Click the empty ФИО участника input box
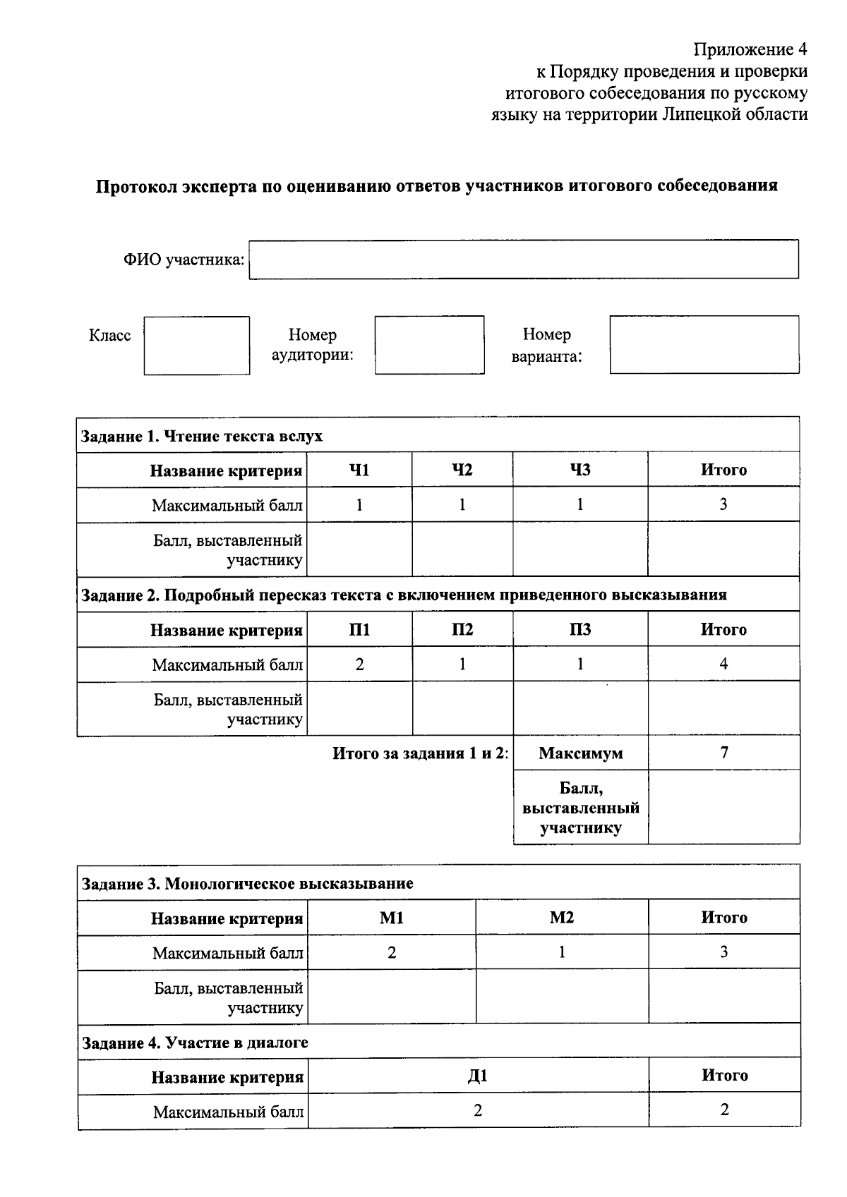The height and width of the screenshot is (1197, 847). pyautogui.click(x=524, y=260)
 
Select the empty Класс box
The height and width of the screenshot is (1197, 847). pyautogui.click(x=197, y=346)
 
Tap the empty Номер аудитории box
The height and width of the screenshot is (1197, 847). pyautogui.click(x=429, y=345)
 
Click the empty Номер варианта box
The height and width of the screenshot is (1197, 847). pyautogui.click(x=704, y=345)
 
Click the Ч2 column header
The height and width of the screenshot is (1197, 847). pyautogui.click(x=462, y=470)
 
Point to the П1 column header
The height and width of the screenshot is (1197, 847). pyautogui.click(x=359, y=630)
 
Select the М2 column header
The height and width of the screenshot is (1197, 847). pyautogui.click(x=562, y=918)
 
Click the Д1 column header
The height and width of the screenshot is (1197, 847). pyautogui.click(x=478, y=1076)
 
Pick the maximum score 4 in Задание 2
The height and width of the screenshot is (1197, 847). pyautogui.click(x=723, y=664)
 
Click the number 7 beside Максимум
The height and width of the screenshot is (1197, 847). pyautogui.click(x=723, y=753)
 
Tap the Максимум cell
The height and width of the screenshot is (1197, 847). pyautogui.click(x=580, y=753)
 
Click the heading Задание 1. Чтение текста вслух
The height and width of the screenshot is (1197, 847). pyautogui.click(x=203, y=436)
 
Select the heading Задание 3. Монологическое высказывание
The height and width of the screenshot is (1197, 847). pyautogui.click(x=248, y=884)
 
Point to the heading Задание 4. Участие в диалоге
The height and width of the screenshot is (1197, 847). pyautogui.click(x=196, y=1043)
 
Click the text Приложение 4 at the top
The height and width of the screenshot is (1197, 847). pyautogui.click(x=750, y=49)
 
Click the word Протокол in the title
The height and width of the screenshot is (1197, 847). pyautogui.click(x=136, y=186)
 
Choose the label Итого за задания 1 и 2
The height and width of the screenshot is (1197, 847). pyautogui.click(x=421, y=753)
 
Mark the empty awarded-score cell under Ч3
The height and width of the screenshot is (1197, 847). pyautogui.click(x=580, y=550)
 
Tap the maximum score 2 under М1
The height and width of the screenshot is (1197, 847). pyautogui.click(x=392, y=953)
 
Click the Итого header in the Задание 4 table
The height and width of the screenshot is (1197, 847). pyautogui.click(x=724, y=1076)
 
